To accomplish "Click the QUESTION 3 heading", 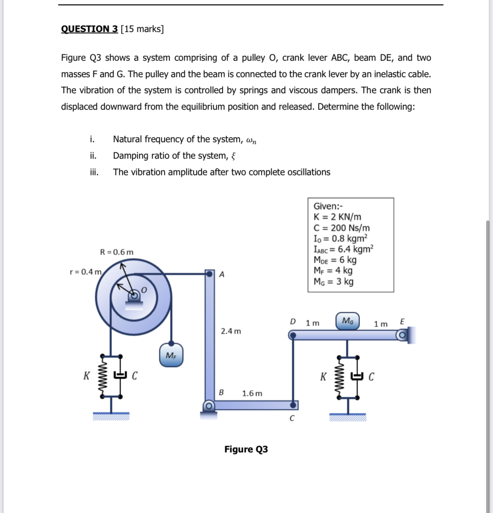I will tap(89, 29).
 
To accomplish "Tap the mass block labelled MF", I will tap(171, 355).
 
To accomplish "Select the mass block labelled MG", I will tap(347, 321).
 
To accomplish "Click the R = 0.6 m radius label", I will tap(117, 252).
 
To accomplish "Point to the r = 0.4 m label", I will tap(86, 272).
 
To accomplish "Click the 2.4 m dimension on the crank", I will tap(231, 331).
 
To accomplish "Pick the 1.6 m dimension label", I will tap(252, 393).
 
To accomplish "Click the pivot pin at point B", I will tap(209, 405).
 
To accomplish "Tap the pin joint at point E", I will tap(401, 335).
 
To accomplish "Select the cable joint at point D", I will tap(293, 335).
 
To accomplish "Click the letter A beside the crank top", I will tap(222, 274).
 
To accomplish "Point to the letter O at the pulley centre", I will tap(144, 290).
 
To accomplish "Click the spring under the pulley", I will tap(103, 377).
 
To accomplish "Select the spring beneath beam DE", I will tap(339, 377).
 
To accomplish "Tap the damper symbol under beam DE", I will tap(357, 377).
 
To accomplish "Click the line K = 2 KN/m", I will tap(337, 217).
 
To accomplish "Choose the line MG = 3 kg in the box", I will tap(333, 282).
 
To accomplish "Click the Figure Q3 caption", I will tap(246, 449).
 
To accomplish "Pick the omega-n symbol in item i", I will tap(251, 140).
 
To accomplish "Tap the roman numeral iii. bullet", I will tap(94, 172).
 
